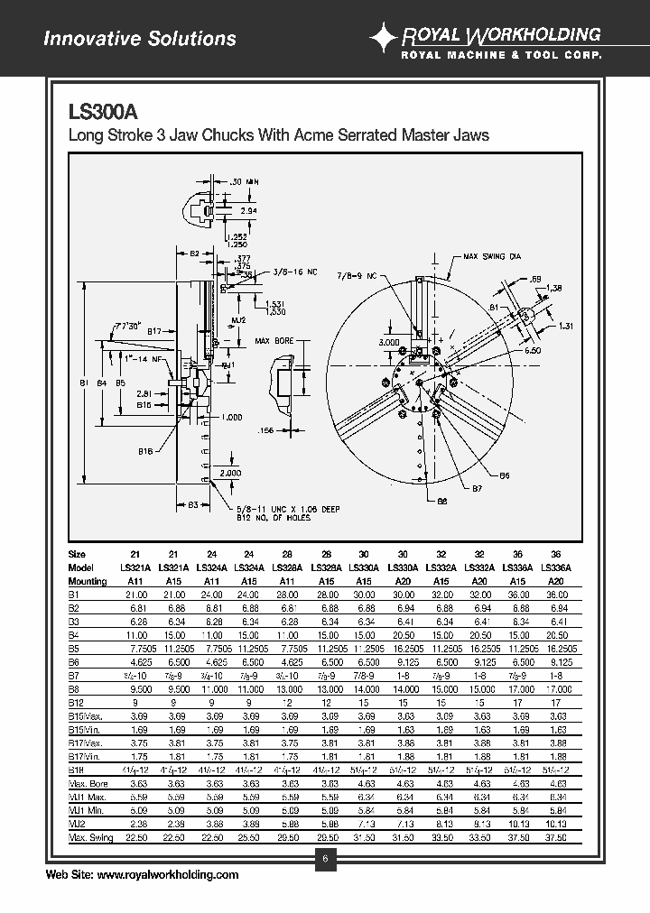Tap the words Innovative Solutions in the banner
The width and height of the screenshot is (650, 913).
[x=140, y=39]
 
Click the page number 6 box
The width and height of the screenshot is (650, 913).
[x=324, y=858]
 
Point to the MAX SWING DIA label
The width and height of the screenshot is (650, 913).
[x=492, y=256]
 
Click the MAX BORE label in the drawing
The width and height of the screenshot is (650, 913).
[x=275, y=341]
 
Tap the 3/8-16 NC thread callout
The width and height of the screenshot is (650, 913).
[x=294, y=270]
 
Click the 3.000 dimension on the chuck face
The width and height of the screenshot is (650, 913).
[x=389, y=343]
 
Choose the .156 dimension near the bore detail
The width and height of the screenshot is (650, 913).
[x=265, y=430]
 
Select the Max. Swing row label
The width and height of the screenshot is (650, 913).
[x=91, y=838]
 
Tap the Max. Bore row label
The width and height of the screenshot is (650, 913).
[x=88, y=784]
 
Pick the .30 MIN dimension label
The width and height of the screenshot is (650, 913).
[x=245, y=181]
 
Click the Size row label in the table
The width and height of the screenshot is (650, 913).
[x=78, y=554]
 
